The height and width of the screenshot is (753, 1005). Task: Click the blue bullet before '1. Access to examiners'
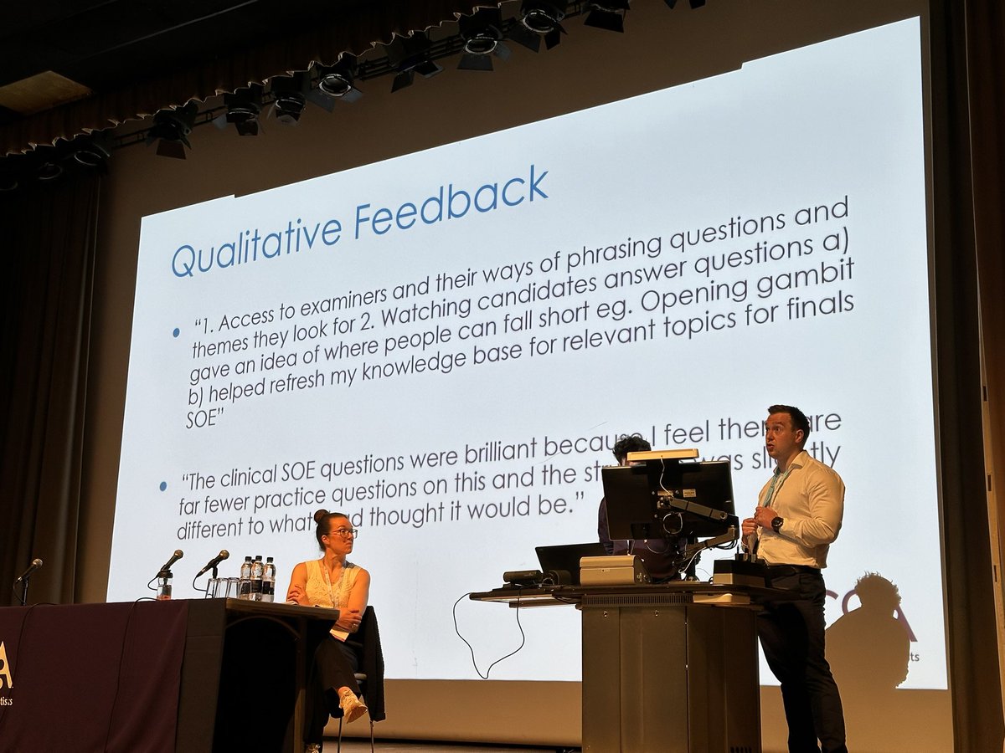tap(176, 332)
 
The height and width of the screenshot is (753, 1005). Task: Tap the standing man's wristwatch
tap(777, 525)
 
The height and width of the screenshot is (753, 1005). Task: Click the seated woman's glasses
tap(343, 533)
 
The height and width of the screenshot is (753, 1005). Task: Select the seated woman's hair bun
tap(322, 515)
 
